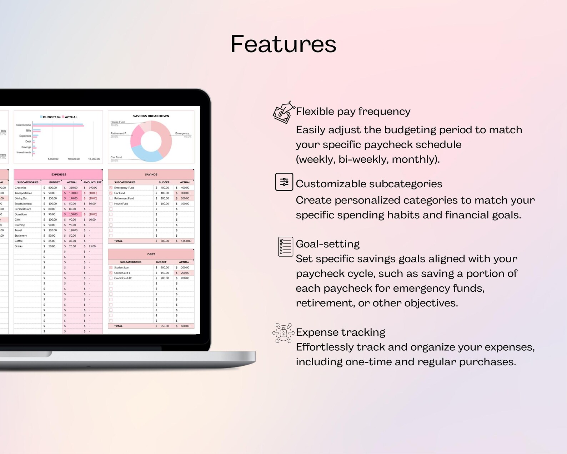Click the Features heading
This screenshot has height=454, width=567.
click(283, 44)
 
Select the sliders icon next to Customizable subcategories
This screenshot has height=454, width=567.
click(284, 182)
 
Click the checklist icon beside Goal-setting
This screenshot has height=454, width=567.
click(285, 247)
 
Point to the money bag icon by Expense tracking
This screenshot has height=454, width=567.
click(283, 333)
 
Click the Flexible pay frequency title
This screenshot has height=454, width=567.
click(353, 112)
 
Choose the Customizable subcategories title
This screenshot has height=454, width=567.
click(369, 184)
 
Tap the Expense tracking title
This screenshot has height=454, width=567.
click(340, 332)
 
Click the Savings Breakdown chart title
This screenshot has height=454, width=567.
click(151, 116)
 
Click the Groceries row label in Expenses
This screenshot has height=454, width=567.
click(20, 188)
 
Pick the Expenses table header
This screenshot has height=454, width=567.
click(59, 174)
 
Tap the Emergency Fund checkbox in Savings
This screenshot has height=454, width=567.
click(111, 188)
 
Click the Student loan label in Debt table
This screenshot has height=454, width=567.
click(121, 267)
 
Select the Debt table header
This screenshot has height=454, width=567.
click(151, 254)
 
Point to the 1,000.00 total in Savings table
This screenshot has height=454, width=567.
click(186, 241)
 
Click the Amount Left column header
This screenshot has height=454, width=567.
click(92, 182)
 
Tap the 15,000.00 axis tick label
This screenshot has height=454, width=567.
click(94, 159)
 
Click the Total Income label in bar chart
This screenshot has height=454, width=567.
click(24, 125)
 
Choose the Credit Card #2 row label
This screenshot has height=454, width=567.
click(123, 278)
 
